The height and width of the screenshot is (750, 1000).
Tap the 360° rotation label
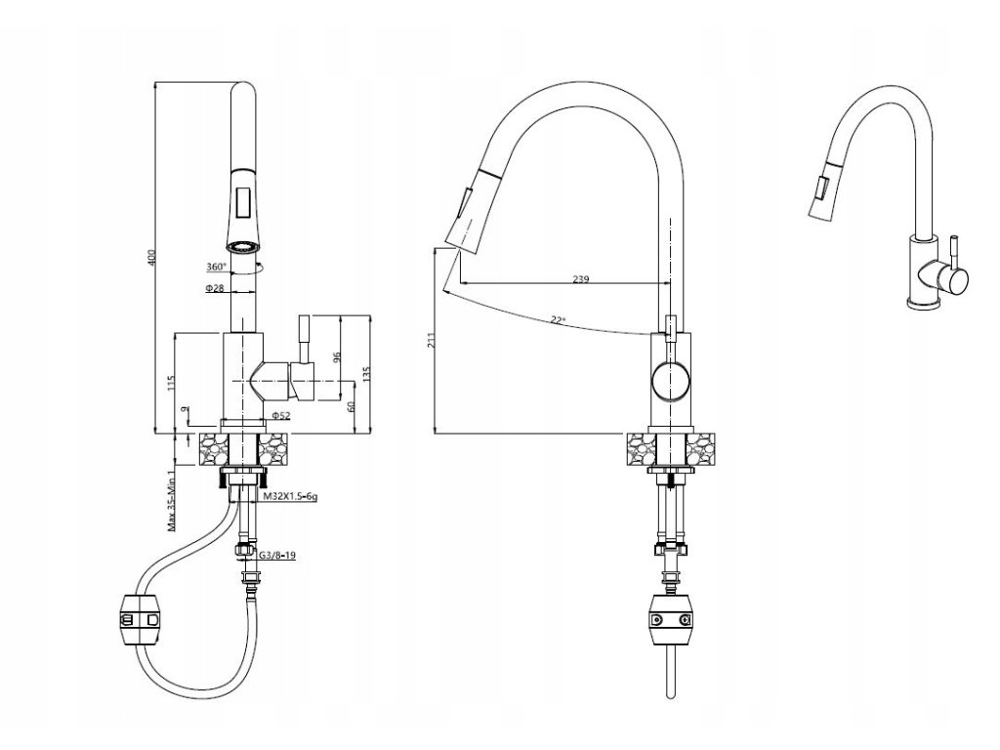pos(216,267)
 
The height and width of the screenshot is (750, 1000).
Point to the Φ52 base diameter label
pos(282,416)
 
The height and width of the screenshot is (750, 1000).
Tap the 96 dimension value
pos(337,358)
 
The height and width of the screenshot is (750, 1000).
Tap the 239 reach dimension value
pos(580,279)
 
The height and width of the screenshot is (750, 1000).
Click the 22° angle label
pos(558,319)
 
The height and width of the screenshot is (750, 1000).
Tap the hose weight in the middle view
pos(672,618)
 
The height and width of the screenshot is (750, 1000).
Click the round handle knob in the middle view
pos(672,380)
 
